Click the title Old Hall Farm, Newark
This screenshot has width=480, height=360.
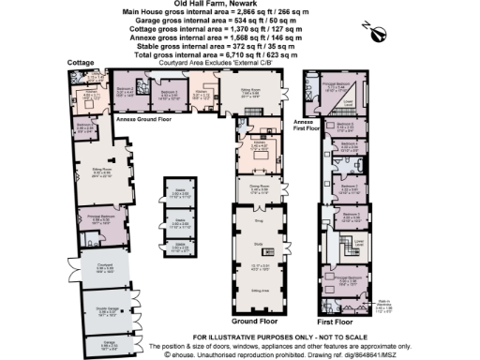point(202,4)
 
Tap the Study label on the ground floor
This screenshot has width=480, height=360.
point(258,245)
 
